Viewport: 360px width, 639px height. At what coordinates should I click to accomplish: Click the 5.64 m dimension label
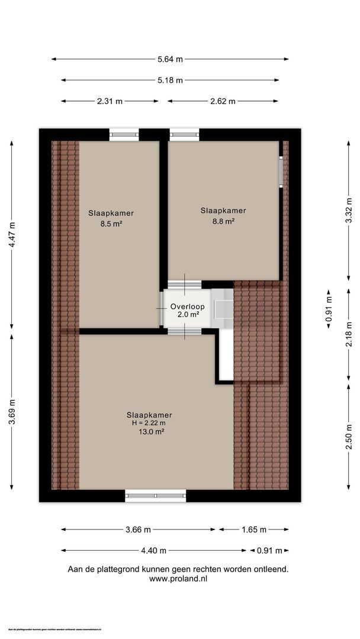point(170,59)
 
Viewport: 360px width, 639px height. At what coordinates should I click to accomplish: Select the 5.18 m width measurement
point(170,80)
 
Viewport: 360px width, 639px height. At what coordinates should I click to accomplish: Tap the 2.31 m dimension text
point(110,101)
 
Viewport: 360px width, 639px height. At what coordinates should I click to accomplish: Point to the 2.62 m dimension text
point(223,101)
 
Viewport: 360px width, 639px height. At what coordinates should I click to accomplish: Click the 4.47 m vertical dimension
point(12,235)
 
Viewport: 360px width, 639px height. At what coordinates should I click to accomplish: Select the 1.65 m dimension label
point(254,530)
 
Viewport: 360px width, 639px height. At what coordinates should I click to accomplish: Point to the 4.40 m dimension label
point(154,551)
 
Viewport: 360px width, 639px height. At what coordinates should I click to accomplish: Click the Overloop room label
point(187,306)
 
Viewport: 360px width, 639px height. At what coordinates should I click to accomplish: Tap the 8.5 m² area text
point(111,224)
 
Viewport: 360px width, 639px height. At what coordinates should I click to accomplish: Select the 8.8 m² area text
point(223,221)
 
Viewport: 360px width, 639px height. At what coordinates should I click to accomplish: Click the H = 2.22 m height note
point(149,423)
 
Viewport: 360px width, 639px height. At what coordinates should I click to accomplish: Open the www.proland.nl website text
point(178,579)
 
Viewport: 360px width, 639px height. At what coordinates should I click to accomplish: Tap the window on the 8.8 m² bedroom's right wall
point(281,172)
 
